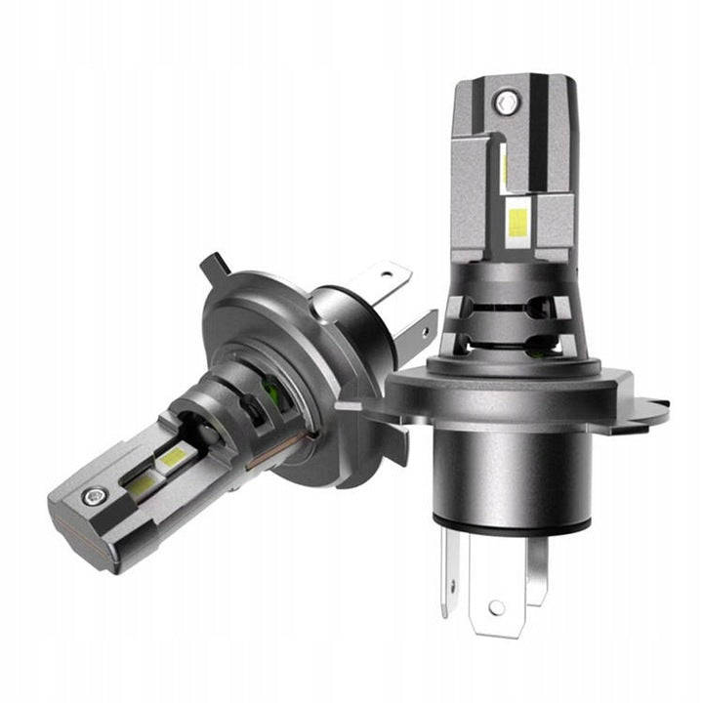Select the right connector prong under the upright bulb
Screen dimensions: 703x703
(x=537, y=571)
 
